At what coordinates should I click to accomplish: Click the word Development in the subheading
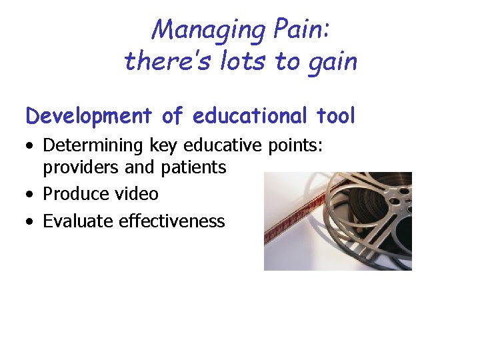(89, 116)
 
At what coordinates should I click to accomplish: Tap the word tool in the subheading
(336, 116)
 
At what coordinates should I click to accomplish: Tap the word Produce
(72, 194)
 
